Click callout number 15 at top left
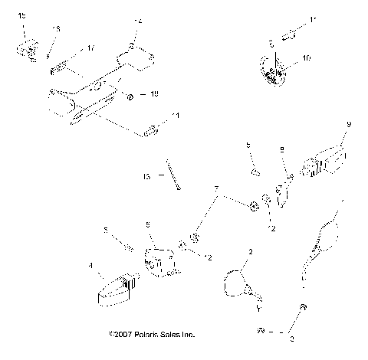(x=21, y=15)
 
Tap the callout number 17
(x=90, y=48)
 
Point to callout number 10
(x=307, y=57)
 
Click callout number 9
(x=349, y=124)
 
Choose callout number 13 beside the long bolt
(x=146, y=175)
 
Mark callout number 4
(x=90, y=267)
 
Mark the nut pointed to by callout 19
(x=130, y=97)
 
